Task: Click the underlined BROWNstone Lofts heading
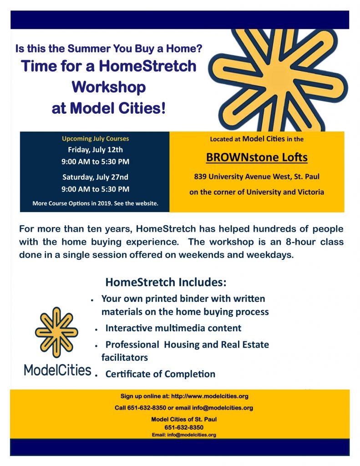[257, 157]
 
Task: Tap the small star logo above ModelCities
[56, 332]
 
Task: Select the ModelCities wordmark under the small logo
[58, 370]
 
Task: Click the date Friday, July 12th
[96, 150]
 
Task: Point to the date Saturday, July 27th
[96, 177]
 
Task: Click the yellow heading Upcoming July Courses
[96, 138]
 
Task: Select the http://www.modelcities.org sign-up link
[210, 396]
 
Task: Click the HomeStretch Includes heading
[166, 282]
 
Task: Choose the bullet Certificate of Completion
[160, 374]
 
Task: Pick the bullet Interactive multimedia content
[173, 328]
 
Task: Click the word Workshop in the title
[109, 87]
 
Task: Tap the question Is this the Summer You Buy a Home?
[109, 48]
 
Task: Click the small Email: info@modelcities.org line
[184, 435]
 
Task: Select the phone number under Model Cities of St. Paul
[184, 427]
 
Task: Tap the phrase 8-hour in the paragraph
[300, 242]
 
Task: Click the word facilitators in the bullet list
[125, 357]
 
